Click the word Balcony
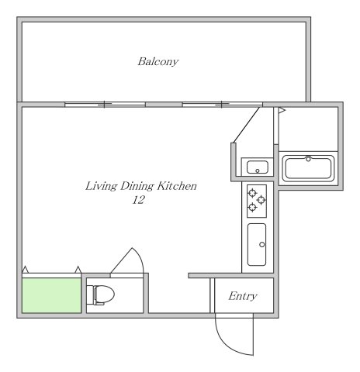(158, 62)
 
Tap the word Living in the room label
(101, 186)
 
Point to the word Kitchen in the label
(177, 186)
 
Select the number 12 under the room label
(138, 200)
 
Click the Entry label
(243, 296)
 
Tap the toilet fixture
(100, 294)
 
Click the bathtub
(308, 168)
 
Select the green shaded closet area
(52, 295)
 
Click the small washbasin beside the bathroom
(258, 167)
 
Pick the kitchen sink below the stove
(257, 245)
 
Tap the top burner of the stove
(252, 193)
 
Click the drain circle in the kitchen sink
(262, 244)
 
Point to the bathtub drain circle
(308, 159)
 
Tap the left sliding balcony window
(105, 105)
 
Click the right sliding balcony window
(223, 105)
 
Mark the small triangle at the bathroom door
(282, 111)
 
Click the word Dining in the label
(137, 186)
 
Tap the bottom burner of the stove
(252, 207)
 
